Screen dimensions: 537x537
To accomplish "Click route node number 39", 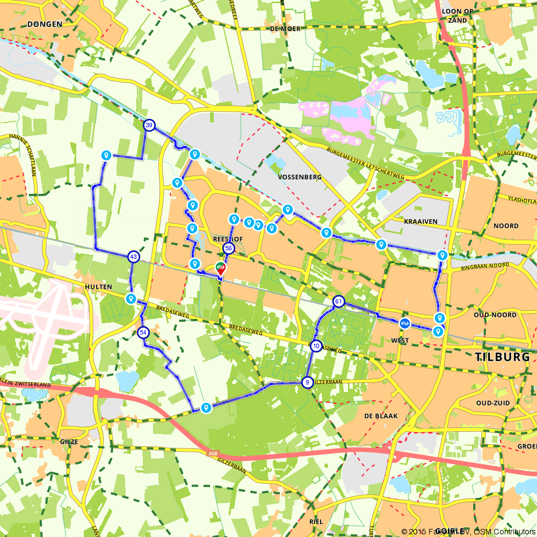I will [x=149, y=125].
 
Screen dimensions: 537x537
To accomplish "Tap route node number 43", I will [x=133, y=257].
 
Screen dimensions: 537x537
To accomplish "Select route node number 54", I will [x=143, y=332].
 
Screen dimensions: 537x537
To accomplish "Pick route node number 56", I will [x=228, y=248].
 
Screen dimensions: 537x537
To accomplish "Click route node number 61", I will [x=338, y=301].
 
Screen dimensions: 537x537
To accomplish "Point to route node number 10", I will [x=316, y=346].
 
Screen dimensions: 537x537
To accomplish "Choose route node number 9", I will [x=307, y=382].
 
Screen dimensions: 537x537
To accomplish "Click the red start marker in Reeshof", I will [x=221, y=267].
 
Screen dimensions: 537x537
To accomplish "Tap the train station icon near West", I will [x=404, y=323].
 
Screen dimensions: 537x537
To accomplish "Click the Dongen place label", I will [x=45, y=24].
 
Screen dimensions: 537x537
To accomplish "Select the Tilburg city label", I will [x=503, y=357].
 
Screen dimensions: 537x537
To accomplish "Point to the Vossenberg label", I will [x=300, y=177].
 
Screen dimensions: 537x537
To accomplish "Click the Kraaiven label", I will [x=422, y=221].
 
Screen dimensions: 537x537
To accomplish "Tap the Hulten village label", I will [x=98, y=287].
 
